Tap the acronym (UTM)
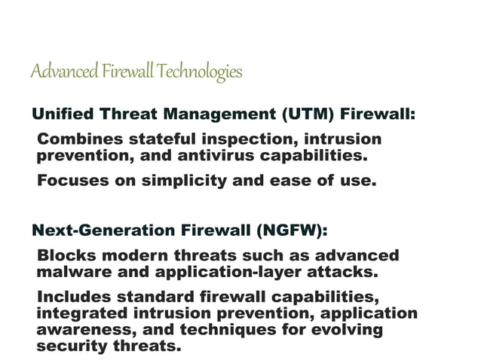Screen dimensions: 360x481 pos(308,115)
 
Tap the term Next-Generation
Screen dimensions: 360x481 pos(100,230)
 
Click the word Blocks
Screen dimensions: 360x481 pos(65,255)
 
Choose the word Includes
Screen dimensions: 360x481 pos(73,297)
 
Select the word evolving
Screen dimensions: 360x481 pos(347,330)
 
